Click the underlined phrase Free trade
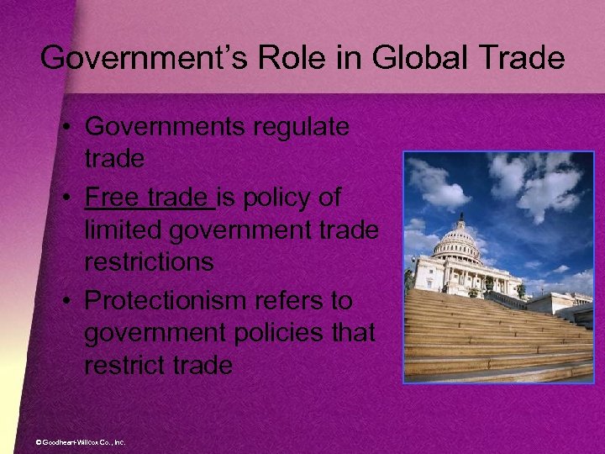click(x=149, y=196)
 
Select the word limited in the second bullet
click(x=118, y=230)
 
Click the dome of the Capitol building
click(x=459, y=238)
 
